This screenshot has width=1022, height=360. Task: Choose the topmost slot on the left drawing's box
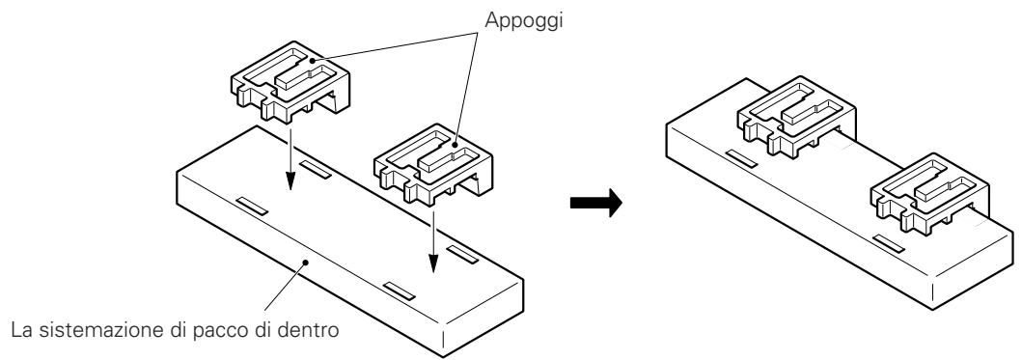315,171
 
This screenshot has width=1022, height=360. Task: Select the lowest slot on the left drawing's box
399,289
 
